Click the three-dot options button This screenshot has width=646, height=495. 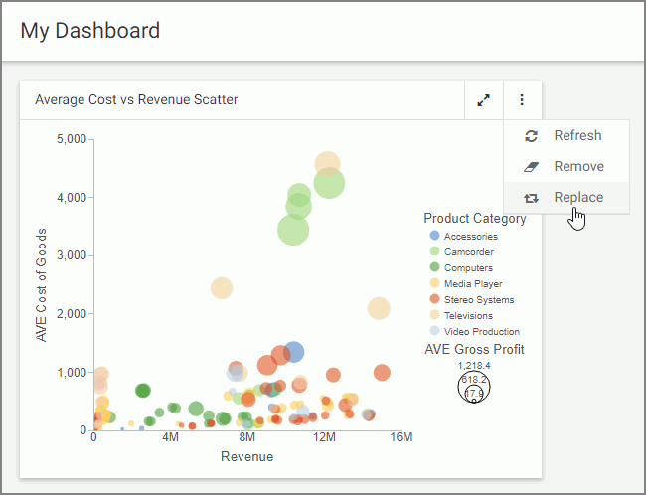pos(522,100)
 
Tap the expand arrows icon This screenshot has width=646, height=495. pos(483,100)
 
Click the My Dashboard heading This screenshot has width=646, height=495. pos(90,31)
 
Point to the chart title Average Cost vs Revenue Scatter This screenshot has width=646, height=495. pos(136,100)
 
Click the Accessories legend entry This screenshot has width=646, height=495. pos(470,237)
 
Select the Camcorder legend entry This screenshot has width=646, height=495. pos(468,252)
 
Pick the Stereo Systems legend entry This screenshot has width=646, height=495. pos(478,300)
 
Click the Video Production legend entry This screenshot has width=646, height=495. pos(481,332)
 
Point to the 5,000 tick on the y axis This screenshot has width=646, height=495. pos(72,138)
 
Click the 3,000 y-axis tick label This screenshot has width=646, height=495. pos(72,255)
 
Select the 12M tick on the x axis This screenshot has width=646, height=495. pos(324,438)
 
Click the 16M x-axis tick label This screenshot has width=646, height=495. pos(401,438)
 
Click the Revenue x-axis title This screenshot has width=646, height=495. pos(246,457)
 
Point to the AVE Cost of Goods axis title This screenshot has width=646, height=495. pos(42,284)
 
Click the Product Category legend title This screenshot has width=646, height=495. pos(474,219)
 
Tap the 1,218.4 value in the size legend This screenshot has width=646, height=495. pos(473,366)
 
